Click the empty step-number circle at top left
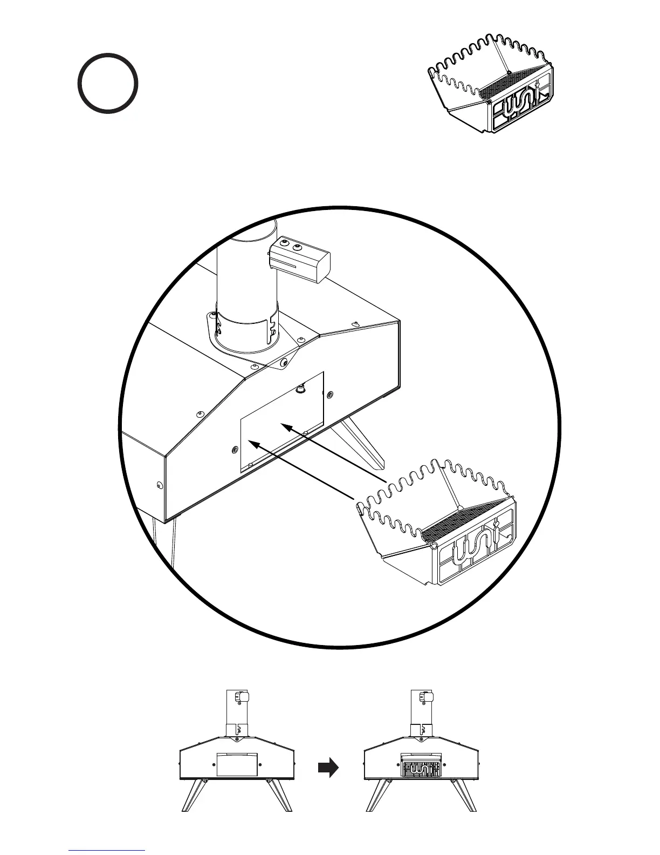tap(108, 83)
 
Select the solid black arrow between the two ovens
tap(328, 767)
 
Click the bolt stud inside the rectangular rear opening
tap(299, 388)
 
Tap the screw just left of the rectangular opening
tap(234, 449)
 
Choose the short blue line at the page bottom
tap(107, 851)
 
